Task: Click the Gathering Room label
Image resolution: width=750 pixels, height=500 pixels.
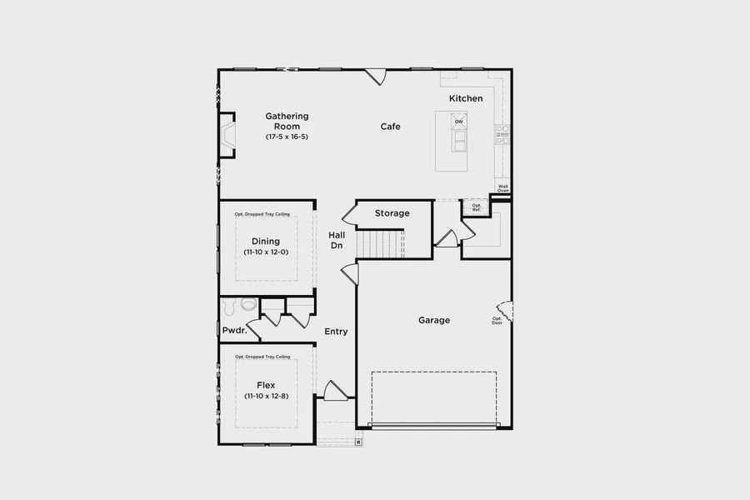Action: tap(287, 121)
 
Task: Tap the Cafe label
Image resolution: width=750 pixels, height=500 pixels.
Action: tap(391, 127)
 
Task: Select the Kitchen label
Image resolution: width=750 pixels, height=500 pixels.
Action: tap(466, 98)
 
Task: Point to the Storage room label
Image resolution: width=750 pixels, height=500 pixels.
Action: tap(392, 213)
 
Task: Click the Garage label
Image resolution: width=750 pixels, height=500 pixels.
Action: tap(434, 320)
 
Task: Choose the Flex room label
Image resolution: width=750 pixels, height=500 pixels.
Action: tap(266, 386)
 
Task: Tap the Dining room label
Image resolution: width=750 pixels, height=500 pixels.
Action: tap(266, 242)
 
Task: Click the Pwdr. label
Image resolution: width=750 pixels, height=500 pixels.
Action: tap(234, 331)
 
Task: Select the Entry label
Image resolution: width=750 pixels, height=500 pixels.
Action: tap(336, 332)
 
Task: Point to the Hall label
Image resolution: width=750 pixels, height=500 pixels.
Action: tap(337, 235)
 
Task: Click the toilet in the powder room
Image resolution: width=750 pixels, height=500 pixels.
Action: tap(247, 305)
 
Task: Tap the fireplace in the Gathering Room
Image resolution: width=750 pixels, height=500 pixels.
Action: tap(227, 135)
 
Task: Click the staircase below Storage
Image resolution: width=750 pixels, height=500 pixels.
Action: tap(380, 244)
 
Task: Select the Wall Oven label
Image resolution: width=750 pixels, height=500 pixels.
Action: tap(502, 188)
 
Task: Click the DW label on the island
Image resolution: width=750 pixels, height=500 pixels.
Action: tap(458, 122)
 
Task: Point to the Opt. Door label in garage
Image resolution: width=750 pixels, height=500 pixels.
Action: tap(497, 320)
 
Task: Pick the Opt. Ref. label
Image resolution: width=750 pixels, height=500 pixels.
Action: tap(477, 207)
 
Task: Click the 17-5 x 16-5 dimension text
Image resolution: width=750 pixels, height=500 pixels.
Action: tap(287, 136)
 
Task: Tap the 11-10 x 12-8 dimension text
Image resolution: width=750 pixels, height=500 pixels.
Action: tap(266, 397)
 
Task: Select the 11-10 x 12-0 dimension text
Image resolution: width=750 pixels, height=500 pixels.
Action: tap(266, 252)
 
